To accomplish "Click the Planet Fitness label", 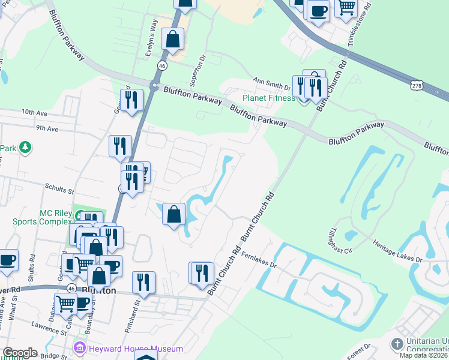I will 268,98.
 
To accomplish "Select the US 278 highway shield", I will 416,85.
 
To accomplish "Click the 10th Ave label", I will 34,112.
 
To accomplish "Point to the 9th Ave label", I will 47,128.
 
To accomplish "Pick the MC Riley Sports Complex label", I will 55,217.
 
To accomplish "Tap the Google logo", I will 20,353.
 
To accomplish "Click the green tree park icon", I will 25,147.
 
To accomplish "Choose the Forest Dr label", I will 367,349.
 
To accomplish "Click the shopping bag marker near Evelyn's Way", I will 173,40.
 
